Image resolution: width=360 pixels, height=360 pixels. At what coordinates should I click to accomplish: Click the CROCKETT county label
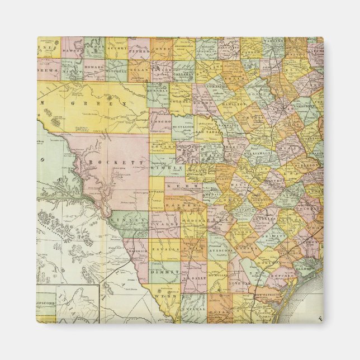pyautogui.click(x=108, y=162)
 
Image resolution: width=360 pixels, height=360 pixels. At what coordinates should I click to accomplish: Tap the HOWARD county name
pyautogui.click(x=94, y=64)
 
